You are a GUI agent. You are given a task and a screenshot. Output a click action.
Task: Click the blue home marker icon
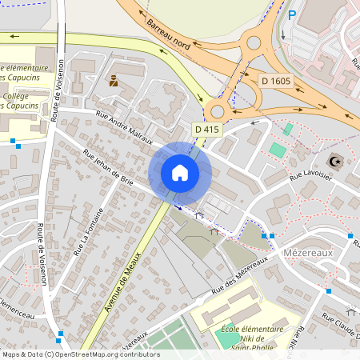pos(179,173)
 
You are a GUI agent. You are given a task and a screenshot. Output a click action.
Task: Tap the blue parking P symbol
pos(292,14)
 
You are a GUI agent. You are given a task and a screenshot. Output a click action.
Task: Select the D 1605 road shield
pos(276,81)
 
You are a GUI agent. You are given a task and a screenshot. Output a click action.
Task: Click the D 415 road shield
pos(207,128)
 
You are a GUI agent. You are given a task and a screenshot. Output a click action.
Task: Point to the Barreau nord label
pos(169,35)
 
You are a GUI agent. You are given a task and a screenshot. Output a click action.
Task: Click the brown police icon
pos(114,80)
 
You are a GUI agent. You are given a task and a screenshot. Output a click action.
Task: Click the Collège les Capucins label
pos(21,101)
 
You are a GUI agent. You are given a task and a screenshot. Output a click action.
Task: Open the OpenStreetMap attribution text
pos(80,354)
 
